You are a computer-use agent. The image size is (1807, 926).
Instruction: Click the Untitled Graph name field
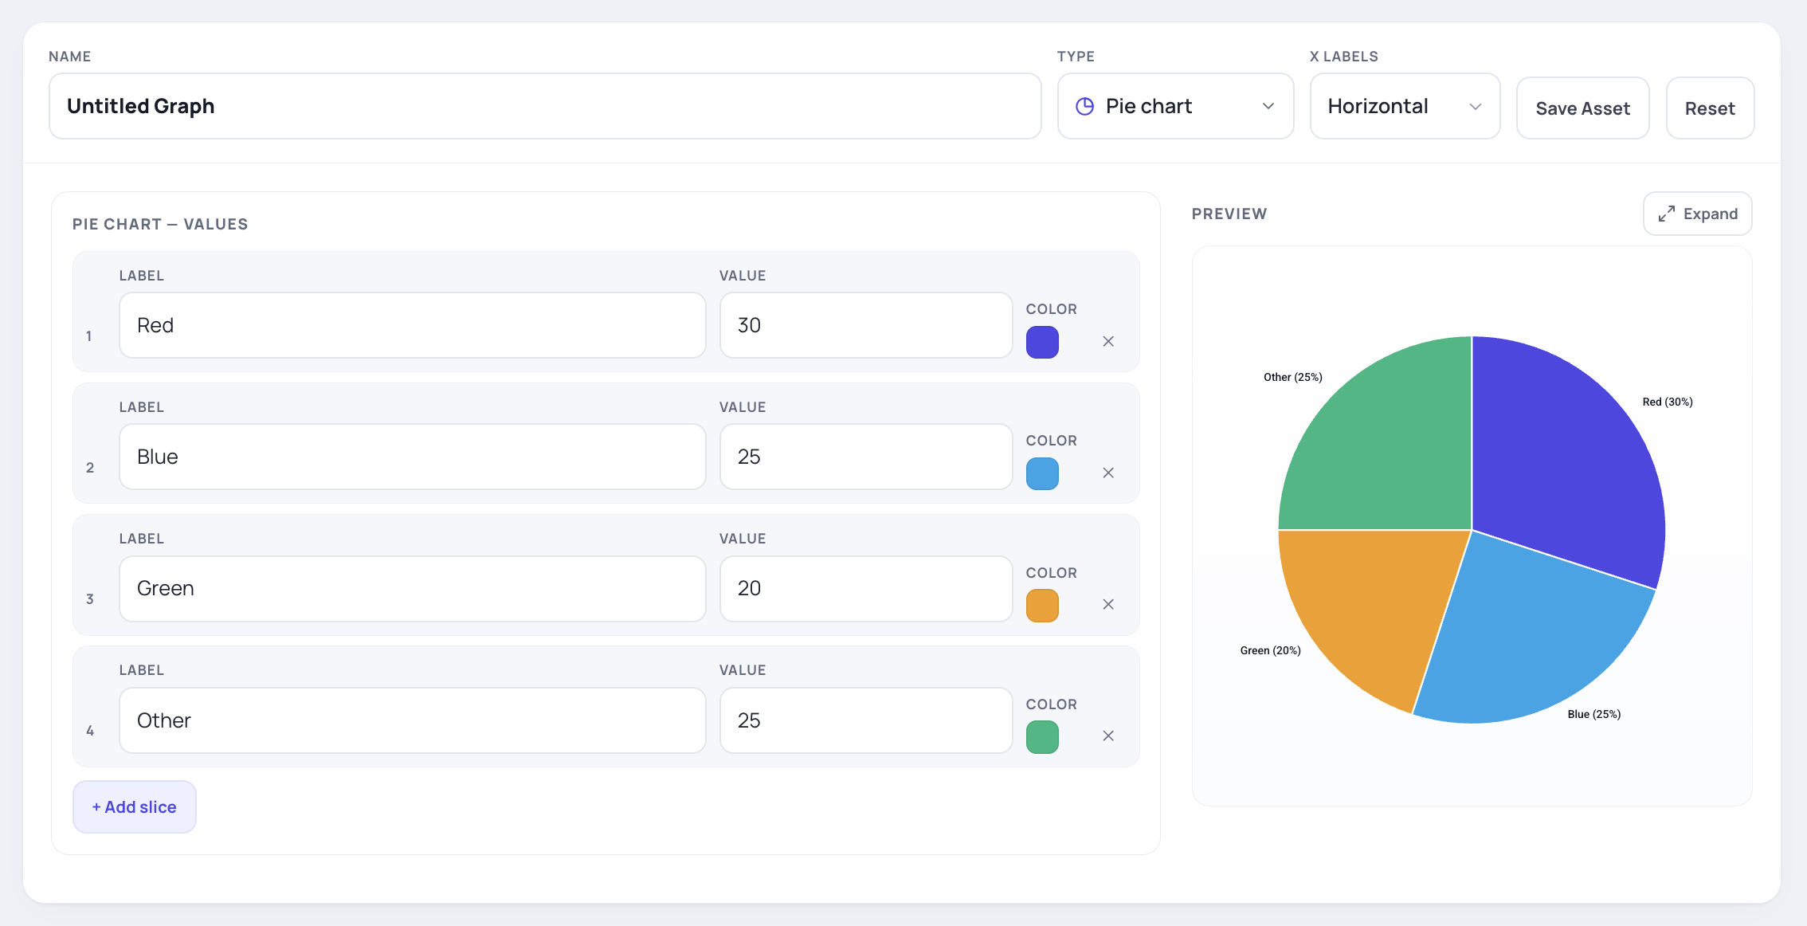[545, 106]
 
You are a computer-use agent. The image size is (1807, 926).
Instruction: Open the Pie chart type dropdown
[1175, 106]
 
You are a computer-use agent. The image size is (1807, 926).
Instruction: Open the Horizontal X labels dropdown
[1405, 106]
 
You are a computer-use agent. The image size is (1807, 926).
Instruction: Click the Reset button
[1710, 108]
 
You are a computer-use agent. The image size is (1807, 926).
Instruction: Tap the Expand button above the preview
[1697, 214]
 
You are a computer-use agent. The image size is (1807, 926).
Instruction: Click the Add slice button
[135, 806]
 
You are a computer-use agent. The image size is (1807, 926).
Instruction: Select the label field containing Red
[413, 325]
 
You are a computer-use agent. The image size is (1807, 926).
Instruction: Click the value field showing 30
[866, 325]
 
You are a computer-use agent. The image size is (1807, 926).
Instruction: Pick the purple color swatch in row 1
[1042, 342]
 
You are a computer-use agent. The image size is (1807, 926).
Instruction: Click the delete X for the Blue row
[1108, 473]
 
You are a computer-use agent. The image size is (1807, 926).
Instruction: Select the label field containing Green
[413, 588]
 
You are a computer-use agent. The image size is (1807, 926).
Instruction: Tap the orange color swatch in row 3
[1042, 606]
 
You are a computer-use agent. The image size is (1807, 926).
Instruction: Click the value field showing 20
[866, 588]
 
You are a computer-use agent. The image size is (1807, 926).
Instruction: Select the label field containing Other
[413, 720]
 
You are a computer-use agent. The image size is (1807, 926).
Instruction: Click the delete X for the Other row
[1108, 736]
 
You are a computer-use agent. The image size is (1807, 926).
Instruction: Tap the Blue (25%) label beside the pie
[1594, 714]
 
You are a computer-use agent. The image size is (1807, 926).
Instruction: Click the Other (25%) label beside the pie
[1293, 377]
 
